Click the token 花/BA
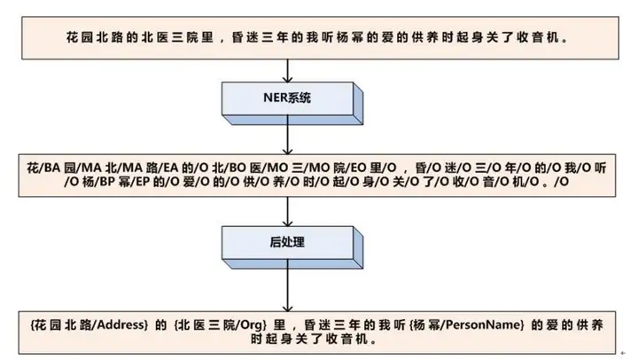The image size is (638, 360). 41,167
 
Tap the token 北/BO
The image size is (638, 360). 220,167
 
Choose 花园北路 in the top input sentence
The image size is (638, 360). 88,40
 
